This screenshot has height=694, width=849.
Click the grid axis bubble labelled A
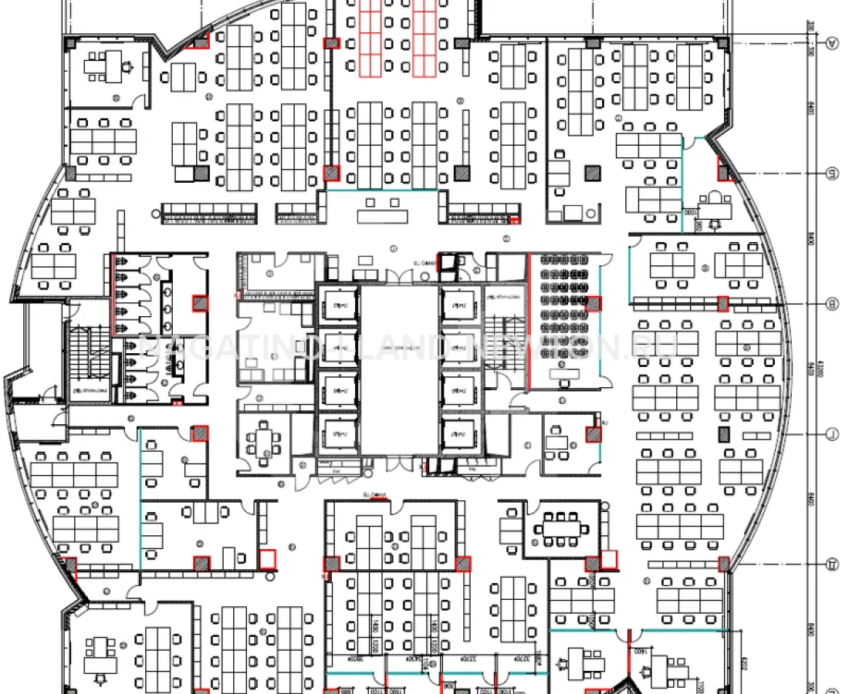click(832, 43)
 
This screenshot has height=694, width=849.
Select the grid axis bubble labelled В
click(832, 304)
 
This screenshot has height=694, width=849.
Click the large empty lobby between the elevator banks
click(399, 370)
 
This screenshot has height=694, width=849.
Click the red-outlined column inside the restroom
click(200, 303)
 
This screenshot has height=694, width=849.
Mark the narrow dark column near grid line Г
click(723, 434)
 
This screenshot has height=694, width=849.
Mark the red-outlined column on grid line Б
click(725, 170)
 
